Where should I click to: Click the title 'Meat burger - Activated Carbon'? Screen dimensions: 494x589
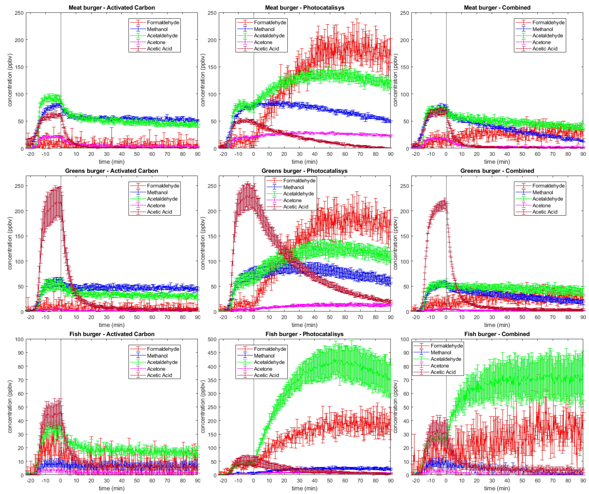point(112,8)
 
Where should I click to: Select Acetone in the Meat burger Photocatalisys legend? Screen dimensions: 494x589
point(263,42)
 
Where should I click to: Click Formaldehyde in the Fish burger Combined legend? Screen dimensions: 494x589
point(446,346)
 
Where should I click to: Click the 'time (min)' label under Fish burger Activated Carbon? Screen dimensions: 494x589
point(112,488)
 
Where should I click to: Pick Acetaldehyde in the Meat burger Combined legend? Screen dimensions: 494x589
point(548,36)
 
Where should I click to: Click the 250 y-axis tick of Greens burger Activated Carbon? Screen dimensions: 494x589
point(19,186)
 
